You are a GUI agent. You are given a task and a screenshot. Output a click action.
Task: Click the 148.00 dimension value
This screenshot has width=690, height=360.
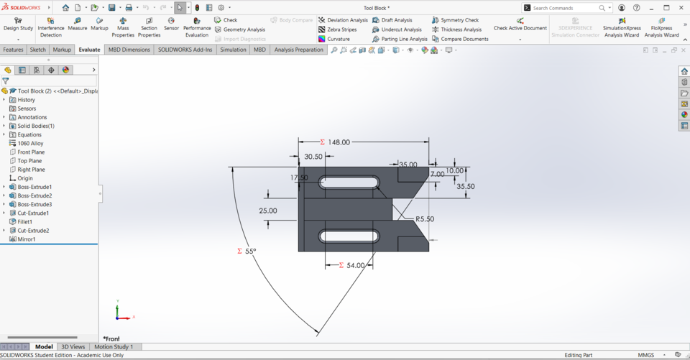point(339,142)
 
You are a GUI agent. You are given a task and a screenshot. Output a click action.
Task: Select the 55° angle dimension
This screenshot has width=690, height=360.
point(249,251)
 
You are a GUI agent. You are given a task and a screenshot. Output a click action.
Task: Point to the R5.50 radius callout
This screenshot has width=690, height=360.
point(424,219)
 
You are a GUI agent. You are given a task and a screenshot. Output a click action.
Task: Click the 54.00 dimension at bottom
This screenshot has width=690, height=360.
point(356,265)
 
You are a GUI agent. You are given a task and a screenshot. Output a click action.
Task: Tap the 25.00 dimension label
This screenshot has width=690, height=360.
point(267,211)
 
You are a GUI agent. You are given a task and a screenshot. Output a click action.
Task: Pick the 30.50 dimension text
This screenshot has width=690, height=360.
point(313,157)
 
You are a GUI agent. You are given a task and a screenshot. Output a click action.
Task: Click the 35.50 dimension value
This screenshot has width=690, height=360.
point(465,186)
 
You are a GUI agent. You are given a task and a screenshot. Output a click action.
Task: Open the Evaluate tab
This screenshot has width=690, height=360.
point(89,50)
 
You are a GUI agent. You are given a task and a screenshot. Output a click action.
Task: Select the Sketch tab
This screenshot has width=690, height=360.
point(37,50)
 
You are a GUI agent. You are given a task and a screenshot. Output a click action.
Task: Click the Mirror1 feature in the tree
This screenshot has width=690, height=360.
point(26,239)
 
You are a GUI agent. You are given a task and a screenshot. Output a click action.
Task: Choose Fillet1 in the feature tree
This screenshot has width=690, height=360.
point(25,222)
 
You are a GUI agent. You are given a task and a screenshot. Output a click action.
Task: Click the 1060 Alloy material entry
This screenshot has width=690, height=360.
point(30,144)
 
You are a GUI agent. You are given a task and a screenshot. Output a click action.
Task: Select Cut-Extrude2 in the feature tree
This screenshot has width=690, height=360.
point(33,231)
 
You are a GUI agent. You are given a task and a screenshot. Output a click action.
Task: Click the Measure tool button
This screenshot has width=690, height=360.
point(77,24)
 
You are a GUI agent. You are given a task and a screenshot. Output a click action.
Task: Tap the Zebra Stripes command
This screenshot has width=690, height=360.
point(341,29)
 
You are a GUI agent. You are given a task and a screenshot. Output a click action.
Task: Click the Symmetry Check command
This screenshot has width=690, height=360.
point(459,20)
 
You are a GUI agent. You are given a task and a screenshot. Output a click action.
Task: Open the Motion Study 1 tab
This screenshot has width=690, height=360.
point(114,347)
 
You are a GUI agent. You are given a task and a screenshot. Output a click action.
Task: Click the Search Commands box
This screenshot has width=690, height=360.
point(566,8)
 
